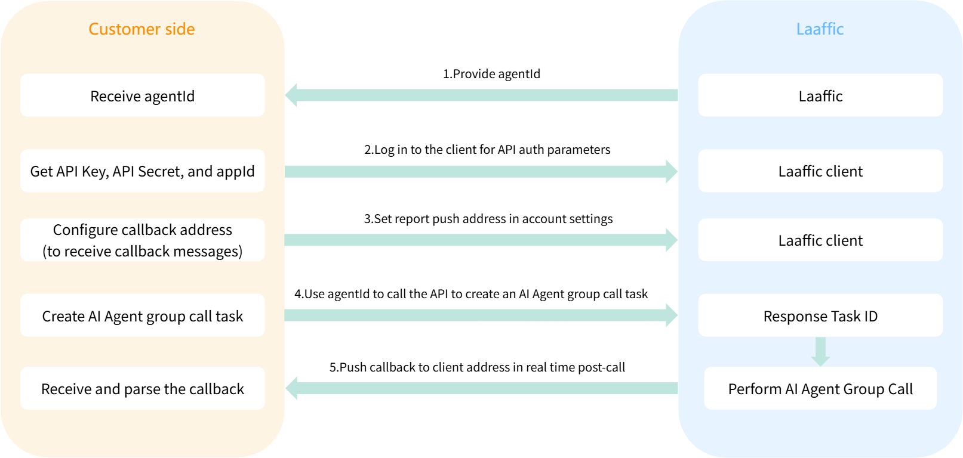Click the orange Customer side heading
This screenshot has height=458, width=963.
pos(141,29)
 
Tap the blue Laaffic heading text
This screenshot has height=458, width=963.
pos(820,29)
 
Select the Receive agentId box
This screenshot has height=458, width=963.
pos(142,95)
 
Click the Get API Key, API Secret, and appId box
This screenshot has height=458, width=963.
pos(142,171)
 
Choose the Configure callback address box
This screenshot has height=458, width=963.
pos(142,240)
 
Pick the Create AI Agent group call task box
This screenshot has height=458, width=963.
pos(142,316)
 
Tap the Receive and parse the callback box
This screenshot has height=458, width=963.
pos(142,389)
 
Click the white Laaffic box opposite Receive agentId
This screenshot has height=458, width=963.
pos(820,95)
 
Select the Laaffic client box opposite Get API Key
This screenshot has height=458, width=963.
pos(820,171)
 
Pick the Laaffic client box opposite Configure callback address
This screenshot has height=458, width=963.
pos(820,240)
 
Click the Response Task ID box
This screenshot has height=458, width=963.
pos(820,316)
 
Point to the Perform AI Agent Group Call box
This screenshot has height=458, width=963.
pos(820,389)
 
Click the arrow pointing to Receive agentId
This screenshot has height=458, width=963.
pos(481,95)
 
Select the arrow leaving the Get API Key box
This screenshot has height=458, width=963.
pos(481,172)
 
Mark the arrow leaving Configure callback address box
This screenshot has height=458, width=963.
pos(481,240)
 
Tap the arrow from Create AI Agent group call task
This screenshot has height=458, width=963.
pos(481,315)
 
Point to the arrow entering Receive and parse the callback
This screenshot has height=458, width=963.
pos(481,389)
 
